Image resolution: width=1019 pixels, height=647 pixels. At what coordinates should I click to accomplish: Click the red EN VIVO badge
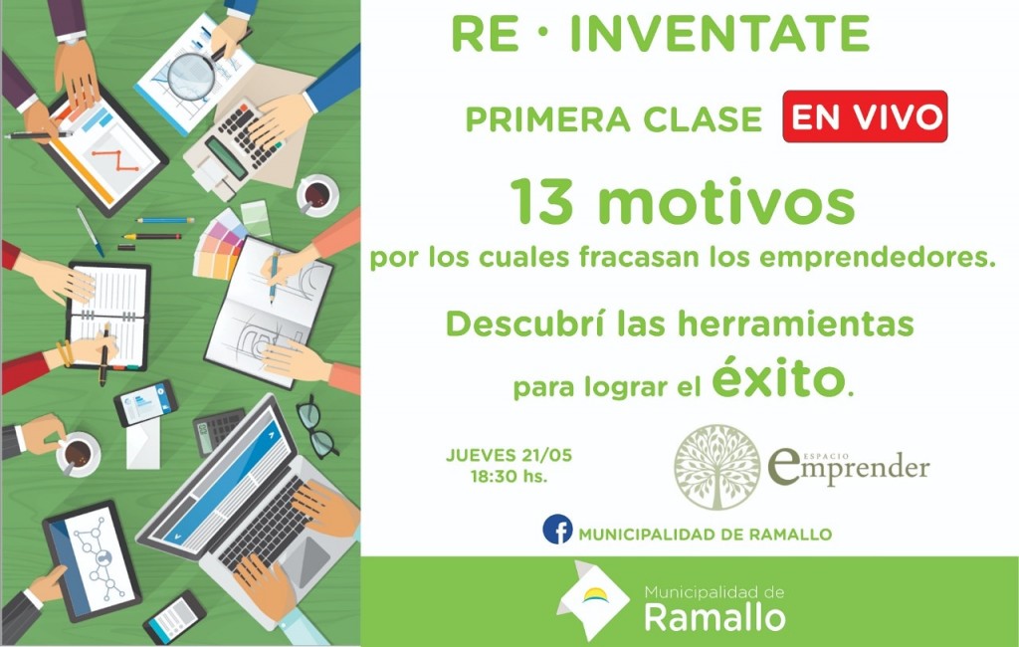[865, 116]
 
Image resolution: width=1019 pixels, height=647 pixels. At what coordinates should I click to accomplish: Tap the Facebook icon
[557, 530]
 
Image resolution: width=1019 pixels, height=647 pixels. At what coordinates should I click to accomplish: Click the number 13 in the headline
[542, 202]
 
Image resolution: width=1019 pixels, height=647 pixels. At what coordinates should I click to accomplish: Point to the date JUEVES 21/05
[509, 455]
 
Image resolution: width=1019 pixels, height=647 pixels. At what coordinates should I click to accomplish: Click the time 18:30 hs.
[509, 477]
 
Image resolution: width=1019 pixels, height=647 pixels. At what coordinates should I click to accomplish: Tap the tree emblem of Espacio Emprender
[716, 468]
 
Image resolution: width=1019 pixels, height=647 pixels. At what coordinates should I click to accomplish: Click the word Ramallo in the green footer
[714, 617]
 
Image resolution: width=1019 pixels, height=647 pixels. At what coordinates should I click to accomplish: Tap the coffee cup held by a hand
[78, 453]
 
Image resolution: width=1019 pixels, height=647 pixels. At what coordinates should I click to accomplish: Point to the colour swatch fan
[219, 245]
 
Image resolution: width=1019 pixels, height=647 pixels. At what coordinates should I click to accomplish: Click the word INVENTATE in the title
[720, 34]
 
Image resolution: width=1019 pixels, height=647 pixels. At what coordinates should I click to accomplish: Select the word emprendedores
[878, 259]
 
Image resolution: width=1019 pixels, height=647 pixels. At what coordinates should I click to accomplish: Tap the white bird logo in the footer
[592, 599]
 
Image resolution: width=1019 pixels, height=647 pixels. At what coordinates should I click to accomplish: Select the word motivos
[725, 202]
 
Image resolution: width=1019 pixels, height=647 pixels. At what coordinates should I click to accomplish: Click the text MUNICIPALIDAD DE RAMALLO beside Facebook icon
[706, 535]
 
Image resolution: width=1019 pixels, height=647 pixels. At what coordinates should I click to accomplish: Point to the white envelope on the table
[143, 443]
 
